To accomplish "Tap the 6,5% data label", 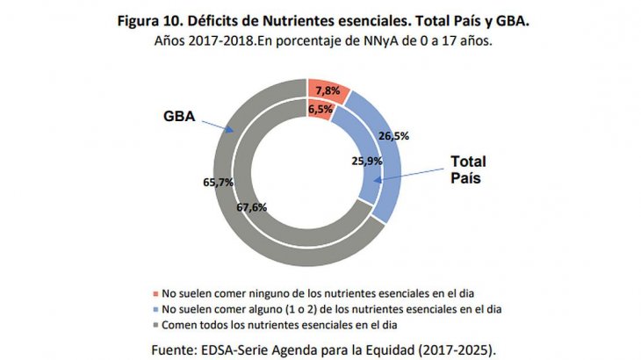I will coord(320,109).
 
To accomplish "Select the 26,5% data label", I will coord(392,135).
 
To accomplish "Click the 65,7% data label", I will coord(220,183).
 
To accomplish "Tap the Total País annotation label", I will coord(468,169).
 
